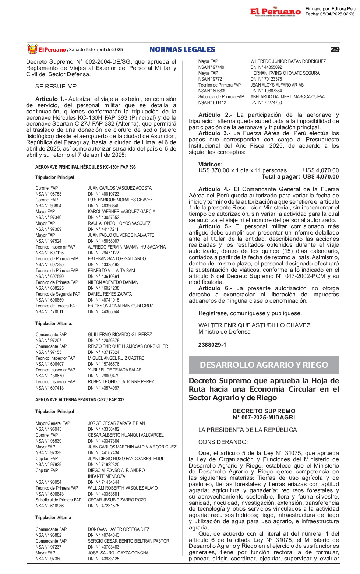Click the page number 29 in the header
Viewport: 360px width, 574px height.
tap(335, 49)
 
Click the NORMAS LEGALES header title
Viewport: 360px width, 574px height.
tap(182, 49)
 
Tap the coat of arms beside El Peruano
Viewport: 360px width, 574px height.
tap(32, 49)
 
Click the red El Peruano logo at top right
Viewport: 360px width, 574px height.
tap(275, 12)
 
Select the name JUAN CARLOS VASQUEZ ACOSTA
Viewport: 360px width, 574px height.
tap(120, 188)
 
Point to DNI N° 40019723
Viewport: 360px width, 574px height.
tap(103, 194)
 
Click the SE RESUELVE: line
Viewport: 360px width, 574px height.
tap(56, 87)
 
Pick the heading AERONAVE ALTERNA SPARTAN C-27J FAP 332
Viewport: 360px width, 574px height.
tap(80, 400)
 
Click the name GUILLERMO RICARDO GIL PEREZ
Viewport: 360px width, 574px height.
tap(120, 335)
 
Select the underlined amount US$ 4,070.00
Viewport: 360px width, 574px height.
tap(321, 170)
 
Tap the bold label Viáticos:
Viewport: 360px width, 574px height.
tap(211, 165)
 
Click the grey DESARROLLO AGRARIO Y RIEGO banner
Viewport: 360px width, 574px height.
tap(264, 365)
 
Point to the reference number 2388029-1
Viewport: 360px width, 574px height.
tap(212, 345)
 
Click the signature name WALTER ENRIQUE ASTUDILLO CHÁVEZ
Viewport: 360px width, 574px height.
tap(254, 325)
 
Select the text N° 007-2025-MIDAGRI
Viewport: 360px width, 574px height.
tap(264, 418)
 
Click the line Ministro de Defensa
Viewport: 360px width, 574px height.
tap(224, 332)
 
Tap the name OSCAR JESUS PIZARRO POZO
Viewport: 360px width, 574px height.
tap(117, 500)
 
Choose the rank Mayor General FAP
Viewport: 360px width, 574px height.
tap(53, 423)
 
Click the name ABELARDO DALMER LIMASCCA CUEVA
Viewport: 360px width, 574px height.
tap(287, 97)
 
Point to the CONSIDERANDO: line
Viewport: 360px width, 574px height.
tap(223, 442)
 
